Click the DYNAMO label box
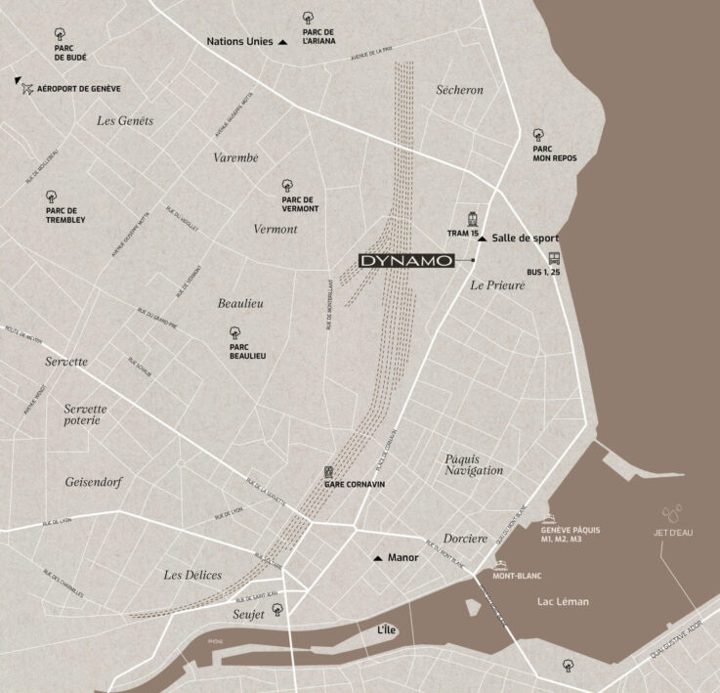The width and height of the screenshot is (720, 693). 406,261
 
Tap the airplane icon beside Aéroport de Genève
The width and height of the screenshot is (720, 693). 27,89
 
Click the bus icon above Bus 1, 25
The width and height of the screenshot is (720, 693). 554,259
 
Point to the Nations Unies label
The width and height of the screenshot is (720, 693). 240,42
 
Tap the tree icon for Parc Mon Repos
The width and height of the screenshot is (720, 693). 537,135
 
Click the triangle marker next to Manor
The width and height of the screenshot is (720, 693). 378,558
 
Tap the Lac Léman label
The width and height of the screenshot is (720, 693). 563,602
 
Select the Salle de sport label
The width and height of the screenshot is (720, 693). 525,238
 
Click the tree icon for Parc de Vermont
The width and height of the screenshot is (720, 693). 287,185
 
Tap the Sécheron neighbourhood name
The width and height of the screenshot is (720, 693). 459,90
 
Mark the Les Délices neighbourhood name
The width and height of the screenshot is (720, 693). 192,575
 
